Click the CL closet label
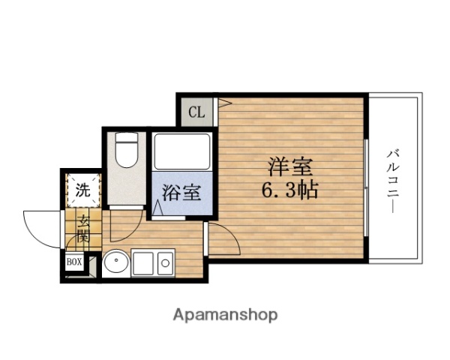pos(196,113)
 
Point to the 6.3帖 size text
pos(290,189)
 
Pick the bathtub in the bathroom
pos(182,150)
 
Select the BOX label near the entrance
pos(74,262)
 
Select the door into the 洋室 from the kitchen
pos(222,240)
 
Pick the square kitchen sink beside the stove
pos(142,262)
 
